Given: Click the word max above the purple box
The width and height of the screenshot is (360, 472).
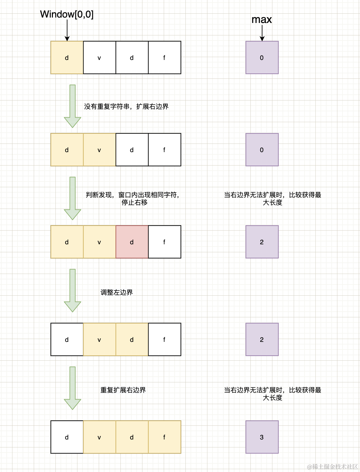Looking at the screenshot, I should coord(262,20).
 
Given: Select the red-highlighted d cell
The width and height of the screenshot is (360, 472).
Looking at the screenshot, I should coord(132,242).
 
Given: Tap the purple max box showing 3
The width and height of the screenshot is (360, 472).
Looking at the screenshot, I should coord(262,437).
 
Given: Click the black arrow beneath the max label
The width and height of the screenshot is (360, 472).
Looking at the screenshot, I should coord(262,33).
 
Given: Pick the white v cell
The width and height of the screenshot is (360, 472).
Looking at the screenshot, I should coord(99,57).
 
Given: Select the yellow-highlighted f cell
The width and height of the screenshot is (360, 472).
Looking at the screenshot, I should coord(164,437).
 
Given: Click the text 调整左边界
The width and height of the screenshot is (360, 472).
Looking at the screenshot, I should coord(117,292).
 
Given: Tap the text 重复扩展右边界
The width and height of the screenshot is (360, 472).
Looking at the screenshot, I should coord(123,390).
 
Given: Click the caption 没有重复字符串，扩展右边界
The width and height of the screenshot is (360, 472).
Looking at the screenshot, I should coord(126,107).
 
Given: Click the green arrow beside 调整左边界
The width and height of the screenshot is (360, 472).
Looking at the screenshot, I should coord(73,290).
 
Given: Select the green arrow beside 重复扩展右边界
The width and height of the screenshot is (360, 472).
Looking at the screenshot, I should coord(73,388).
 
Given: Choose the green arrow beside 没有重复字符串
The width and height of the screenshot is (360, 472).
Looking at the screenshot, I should coord(73,106).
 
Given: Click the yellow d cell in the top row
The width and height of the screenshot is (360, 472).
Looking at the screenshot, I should coord(67,57).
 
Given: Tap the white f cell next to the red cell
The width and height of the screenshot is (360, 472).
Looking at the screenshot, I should coord(164,242).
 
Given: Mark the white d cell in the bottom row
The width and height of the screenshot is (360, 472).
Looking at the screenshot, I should coord(67,437).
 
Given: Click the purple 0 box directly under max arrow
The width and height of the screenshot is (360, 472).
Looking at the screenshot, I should coord(262,57).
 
